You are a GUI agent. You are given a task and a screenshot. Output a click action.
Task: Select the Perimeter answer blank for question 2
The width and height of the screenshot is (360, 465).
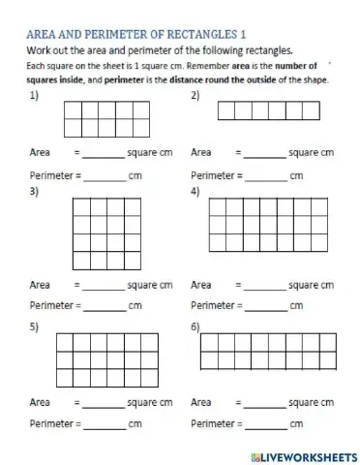268,177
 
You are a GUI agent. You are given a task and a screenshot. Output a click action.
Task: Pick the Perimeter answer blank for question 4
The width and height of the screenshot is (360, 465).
268,307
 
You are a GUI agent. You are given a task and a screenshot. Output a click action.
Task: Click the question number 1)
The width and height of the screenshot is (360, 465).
35,96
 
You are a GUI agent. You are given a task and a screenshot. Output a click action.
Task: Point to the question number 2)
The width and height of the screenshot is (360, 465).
195,96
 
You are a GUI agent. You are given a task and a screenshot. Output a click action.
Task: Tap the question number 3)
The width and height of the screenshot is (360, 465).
35,192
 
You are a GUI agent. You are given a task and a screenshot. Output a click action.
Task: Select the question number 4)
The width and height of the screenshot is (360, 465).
195,192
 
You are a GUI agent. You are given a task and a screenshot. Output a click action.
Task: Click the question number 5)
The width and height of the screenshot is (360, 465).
35,325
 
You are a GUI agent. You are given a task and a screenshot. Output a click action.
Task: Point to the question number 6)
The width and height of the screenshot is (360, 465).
195,325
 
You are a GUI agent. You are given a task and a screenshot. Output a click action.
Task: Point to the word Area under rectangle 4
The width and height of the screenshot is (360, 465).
201,287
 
